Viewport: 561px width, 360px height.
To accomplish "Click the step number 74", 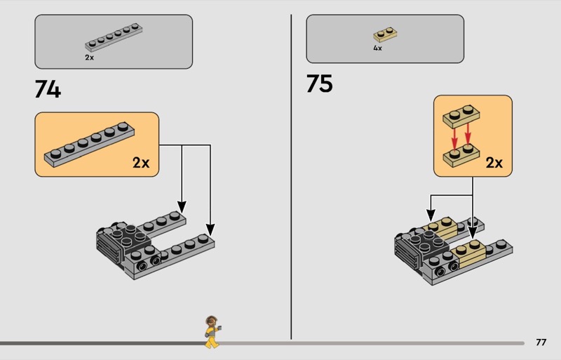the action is click(x=48, y=89).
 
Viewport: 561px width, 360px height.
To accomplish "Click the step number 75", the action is click(x=319, y=84).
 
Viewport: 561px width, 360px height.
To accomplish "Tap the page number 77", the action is click(x=541, y=342).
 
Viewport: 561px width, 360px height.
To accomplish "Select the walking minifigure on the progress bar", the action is click(x=212, y=332).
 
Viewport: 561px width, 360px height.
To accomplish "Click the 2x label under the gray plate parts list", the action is click(x=90, y=58).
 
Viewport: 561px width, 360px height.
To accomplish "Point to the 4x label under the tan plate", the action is click(x=377, y=48).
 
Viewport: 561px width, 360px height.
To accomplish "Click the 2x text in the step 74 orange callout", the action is click(x=141, y=163).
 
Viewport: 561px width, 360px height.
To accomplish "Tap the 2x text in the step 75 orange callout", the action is click(x=494, y=163).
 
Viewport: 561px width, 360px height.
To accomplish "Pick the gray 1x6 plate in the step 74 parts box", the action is click(x=114, y=37).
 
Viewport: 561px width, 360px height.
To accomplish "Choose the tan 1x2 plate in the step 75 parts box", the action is click(x=385, y=35).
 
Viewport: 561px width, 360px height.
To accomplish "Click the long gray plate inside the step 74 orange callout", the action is click(x=90, y=145).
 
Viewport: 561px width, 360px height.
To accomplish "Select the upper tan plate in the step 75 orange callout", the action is click(x=461, y=116).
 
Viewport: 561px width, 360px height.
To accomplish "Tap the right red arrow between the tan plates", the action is click(x=468, y=135).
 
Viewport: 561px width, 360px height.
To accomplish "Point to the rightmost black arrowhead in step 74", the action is click(x=210, y=229).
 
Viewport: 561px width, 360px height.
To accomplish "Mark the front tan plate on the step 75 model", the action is click(x=469, y=255).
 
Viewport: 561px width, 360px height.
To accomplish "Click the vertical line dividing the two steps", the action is click(x=291, y=177).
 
